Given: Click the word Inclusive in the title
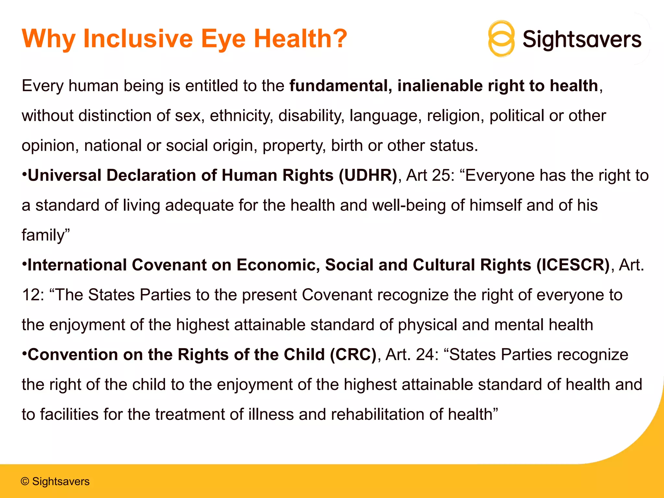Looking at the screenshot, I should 138,39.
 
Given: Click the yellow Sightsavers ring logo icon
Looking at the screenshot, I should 501,39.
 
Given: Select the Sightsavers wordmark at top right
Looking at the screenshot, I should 582,40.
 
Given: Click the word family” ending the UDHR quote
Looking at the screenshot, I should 46,235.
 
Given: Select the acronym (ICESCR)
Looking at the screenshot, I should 573,265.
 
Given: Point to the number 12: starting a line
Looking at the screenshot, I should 33,295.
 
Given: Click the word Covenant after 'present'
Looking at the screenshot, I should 337,295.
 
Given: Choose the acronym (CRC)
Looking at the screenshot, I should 353,355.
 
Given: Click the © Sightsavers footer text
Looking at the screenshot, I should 55,481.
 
